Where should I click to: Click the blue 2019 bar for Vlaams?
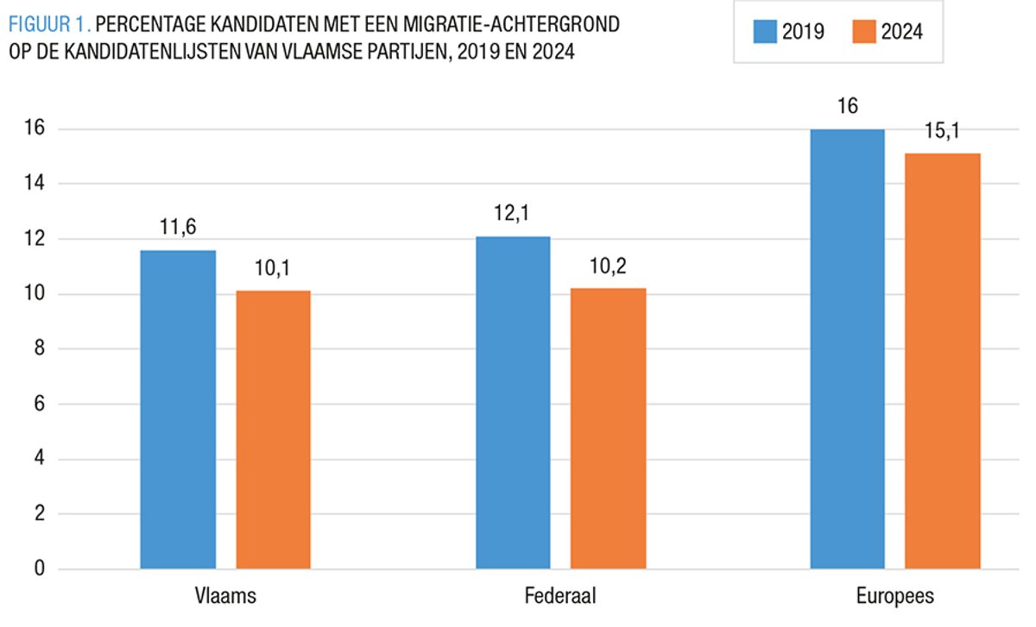point(178,410)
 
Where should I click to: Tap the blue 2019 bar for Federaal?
point(513,403)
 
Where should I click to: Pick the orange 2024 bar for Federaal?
point(608,429)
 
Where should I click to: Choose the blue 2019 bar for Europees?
point(847,349)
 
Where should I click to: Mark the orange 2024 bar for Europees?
point(942,361)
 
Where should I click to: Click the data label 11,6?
point(178,229)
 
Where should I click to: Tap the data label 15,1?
point(942,132)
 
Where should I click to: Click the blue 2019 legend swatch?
point(766,32)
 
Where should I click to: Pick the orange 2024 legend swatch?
point(864,32)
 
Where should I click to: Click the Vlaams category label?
point(225,597)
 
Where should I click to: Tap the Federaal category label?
point(559,597)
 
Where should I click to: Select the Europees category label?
point(894,597)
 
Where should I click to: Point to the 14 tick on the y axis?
point(34,185)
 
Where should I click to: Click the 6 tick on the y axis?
point(39,404)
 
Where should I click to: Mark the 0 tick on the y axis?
point(39,569)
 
